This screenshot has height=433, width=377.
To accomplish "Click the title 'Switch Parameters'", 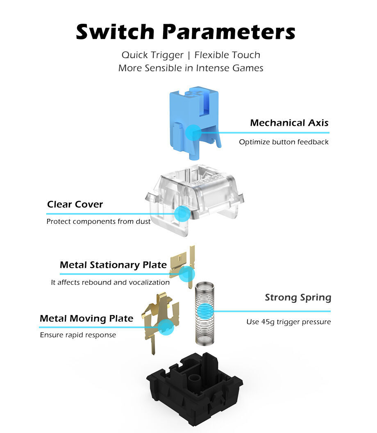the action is click(186, 32).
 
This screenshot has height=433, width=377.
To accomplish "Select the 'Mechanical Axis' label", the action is click(289, 122).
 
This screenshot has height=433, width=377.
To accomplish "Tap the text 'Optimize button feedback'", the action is click(284, 142).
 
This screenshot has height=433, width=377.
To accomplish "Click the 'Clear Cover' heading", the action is click(75, 204).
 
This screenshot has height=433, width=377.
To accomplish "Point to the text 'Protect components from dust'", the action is click(98, 222).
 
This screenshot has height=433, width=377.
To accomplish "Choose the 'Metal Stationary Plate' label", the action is click(113, 265).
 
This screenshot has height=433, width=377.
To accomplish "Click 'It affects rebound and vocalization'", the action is click(110, 282).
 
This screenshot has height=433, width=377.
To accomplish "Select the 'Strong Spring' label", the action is click(298, 297).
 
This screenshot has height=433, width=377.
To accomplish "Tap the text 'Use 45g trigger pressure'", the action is click(288, 322).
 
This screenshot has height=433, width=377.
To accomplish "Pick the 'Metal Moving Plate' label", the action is click(86, 318).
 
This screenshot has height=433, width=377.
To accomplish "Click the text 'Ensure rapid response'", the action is click(78, 335).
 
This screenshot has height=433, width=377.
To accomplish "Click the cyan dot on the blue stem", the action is click(193, 133).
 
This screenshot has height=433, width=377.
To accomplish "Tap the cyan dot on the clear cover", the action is click(182, 213).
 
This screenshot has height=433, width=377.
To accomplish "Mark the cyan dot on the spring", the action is click(205, 311).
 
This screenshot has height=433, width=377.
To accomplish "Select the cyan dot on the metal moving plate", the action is click(166, 327).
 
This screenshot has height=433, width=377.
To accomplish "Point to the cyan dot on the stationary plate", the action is click(187, 274).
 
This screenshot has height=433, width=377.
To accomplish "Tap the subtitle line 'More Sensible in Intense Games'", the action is click(191, 68).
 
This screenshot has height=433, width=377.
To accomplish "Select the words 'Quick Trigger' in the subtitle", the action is click(152, 55).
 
